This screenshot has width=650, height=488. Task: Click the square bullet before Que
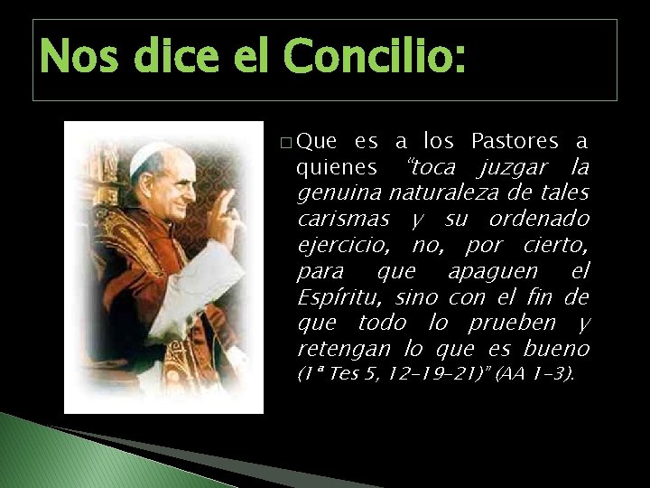(x=285, y=143)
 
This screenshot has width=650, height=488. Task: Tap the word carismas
(x=344, y=220)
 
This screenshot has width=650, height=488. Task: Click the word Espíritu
(x=339, y=297)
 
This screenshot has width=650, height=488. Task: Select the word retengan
(x=342, y=349)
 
